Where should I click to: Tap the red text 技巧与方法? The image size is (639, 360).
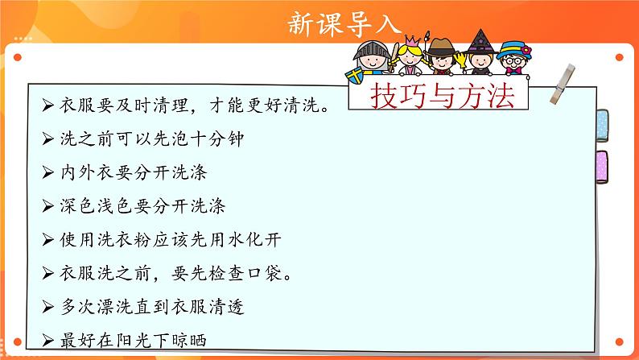pyautogui.click(x=442, y=97)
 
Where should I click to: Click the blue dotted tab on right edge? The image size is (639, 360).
pyautogui.click(x=601, y=124)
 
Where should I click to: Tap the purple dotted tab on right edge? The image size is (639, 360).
pyautogui.click(x=601, y=165)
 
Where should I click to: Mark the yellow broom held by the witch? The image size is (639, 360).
pyautogui.click(x=463, y=69)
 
